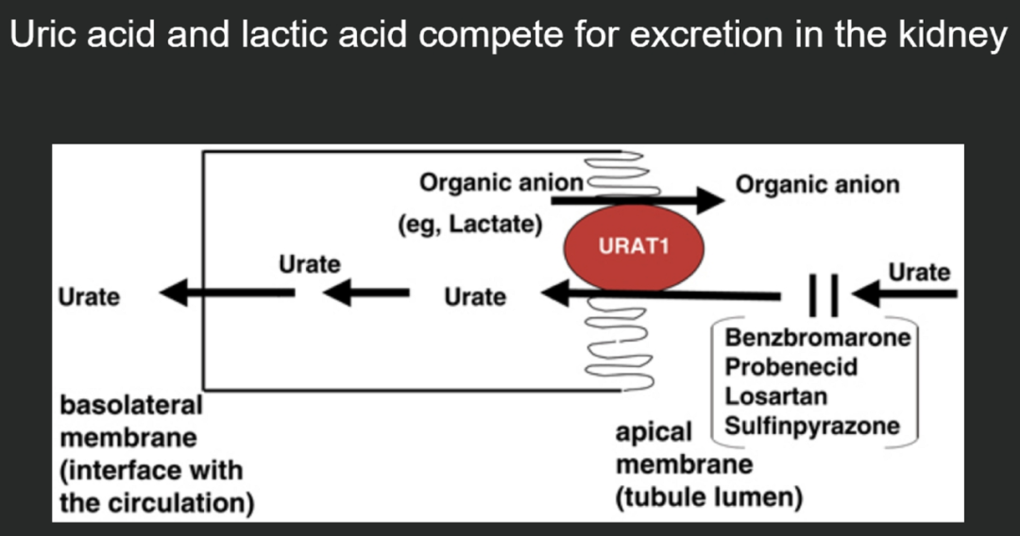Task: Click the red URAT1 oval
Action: pyautogui.click(x=634, y=247)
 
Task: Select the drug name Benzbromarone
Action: pyautogui.click(x=818, y=338)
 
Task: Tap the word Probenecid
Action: pyautogui.click(x=791, y=367)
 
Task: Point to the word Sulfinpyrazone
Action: pyautogui.click(x=812, y=427)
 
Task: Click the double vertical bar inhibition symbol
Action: pyautogui.click(x=824, y=295)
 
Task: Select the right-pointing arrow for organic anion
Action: pyautogui.click(x=637, y=199)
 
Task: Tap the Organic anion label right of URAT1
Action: pyautogui.click(x=817, y=185)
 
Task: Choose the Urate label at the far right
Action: pyautogui.click(x=919, y=272)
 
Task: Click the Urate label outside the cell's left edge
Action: pyautogui.click(x=89, y=297)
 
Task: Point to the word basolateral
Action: pyautogui.click(x=131, y=406)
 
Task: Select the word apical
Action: pyautogui.click(x=654, y=434)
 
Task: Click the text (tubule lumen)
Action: pyautogui.click(x=709, y=497)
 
